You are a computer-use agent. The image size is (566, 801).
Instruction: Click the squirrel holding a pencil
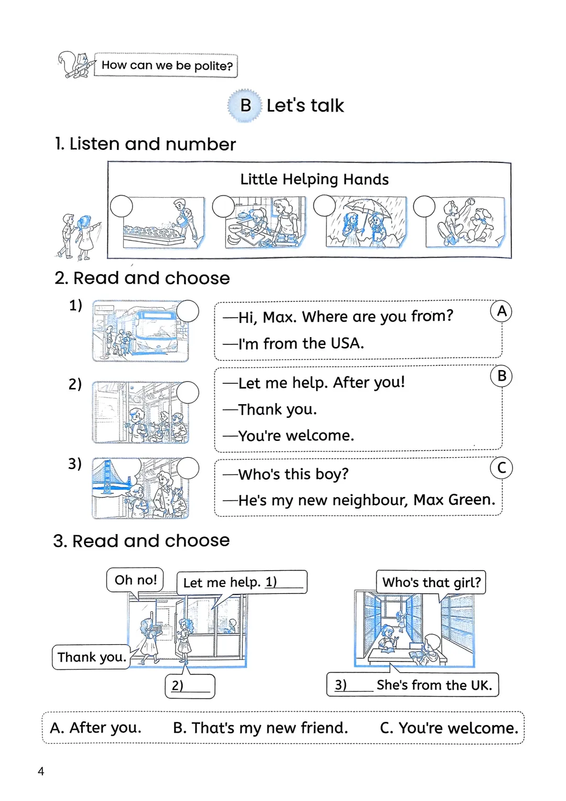[x=76, y=66]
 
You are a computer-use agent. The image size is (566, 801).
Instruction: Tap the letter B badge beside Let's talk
[x=245, y=105]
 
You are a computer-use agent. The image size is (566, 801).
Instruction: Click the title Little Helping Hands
[x=314, y=179]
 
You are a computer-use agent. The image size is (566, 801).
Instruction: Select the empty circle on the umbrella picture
[x=324, y=205]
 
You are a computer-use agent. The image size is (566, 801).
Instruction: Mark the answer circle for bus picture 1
[x=188, y=311]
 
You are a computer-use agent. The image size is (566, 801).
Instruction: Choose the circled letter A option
[x=502, y=311]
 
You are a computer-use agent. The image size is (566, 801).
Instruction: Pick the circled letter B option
[x=502, y=376]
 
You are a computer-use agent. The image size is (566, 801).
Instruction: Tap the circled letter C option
[x=502, y=468]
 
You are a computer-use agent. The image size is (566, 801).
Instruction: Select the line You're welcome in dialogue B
[x=296, y=436]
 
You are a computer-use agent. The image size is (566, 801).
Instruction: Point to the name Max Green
[x=454, y=500]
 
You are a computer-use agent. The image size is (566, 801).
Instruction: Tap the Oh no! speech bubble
[x=136, y=580]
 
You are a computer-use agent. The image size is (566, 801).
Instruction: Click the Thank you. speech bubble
[x=92, y=657]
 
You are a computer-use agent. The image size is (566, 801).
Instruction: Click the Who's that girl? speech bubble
[x=431, y=582]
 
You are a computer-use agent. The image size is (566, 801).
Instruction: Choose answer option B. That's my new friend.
[x=260, y=728]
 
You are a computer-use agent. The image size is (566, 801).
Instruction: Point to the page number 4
[x=41, y=771]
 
